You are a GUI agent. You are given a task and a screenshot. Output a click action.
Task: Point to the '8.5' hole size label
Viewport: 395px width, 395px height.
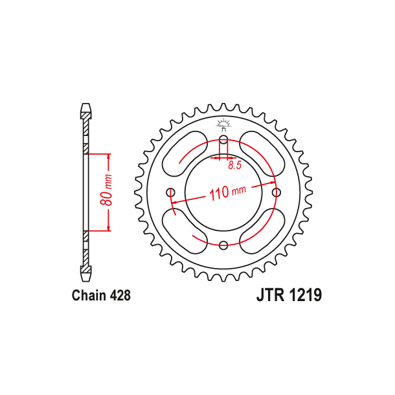(x=234, y=166)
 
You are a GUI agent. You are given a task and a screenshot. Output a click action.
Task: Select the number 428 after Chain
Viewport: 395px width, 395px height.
(x=120, y=296)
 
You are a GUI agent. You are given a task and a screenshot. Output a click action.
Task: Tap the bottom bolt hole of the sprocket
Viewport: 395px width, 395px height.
(x=223, y=245)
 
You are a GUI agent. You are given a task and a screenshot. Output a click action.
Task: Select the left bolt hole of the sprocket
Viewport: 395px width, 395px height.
(x=171, y=192)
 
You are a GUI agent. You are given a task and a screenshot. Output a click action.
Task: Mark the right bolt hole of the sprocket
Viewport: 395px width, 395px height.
(x=276, y=192)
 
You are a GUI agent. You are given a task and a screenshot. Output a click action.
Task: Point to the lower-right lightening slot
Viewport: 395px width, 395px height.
(x=262, y=230)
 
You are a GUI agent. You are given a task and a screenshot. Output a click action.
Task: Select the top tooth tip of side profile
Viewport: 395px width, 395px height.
(x=85, y=105)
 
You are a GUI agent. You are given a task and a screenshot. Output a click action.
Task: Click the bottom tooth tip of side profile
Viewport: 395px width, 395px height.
(x=85, y=279)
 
